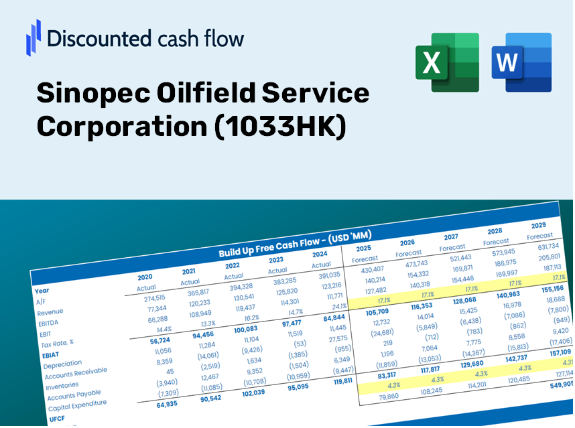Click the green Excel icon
[x=447, y=62]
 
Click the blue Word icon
[x=521, y=62]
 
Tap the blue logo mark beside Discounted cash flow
[x=34, y=37]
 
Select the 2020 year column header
[x=145, y=277]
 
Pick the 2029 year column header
[x=538, y=225]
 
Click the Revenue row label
[x=50, y=312]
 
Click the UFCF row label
[x=56, y=419]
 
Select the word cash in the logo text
[x=171, y=39]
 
